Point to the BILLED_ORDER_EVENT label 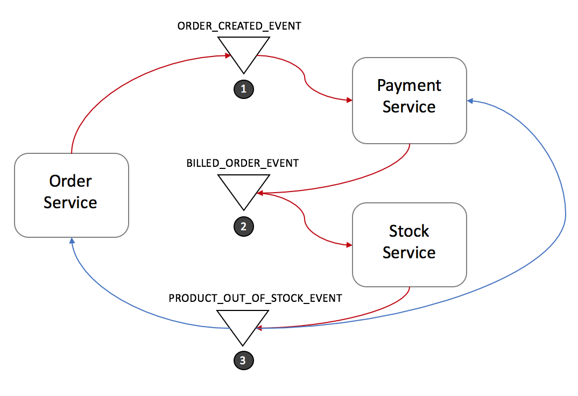[x=242, y=163]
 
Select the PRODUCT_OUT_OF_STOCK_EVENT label [x=255, y=298]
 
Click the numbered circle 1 [x=243, y=89]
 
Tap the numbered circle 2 [x=243, y=227]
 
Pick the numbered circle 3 [x=243, y=361]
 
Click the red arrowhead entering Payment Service [x=349, y=100]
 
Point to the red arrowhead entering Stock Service [x=349, y=245]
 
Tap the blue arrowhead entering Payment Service [x=470, y=101]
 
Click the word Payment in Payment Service [x=409, y=86]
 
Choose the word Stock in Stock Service [x=409, y=231]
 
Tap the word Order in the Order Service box [x=71, y=181]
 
